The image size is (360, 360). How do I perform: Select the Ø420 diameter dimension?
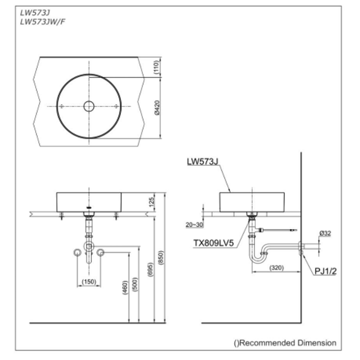157,107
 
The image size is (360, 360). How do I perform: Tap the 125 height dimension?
151,201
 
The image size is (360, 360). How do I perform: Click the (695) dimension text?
150,271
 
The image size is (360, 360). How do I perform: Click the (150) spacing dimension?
89,282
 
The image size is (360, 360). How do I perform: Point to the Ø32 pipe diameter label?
325,233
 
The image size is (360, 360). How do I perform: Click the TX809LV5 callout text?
215,243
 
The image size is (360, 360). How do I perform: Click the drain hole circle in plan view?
89,106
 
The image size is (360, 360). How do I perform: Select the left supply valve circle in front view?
77,253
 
